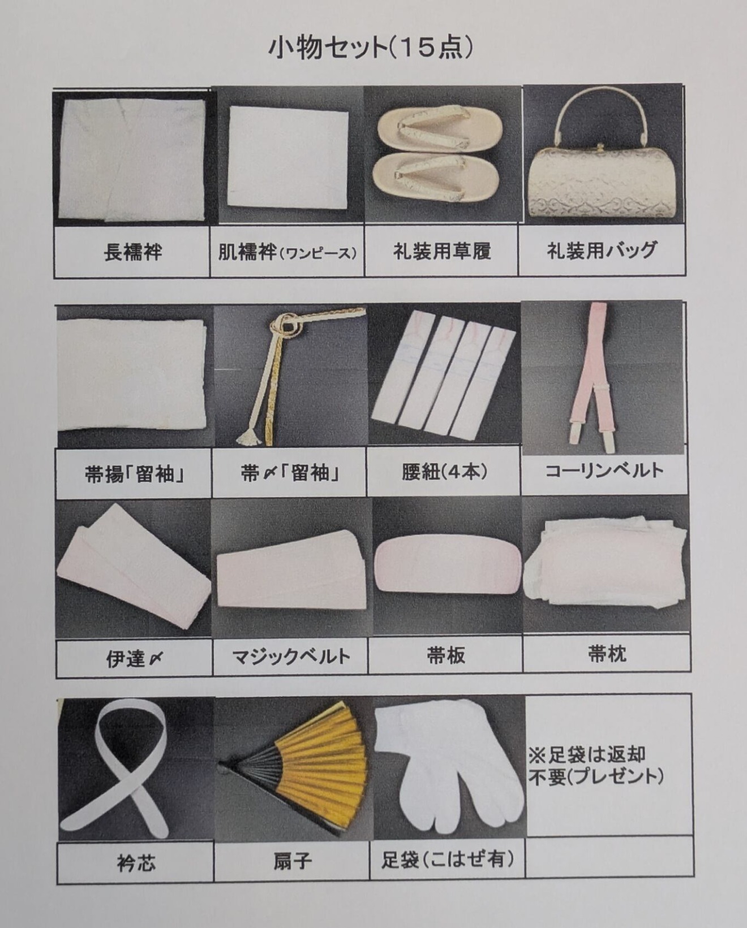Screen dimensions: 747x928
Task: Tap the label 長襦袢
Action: (133, 252)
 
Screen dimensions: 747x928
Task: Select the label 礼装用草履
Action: (442, 251)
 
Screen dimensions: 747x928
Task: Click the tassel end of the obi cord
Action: (247, 435)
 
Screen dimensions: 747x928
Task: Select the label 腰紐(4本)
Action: (444, 472)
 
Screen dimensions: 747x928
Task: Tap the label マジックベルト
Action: (291, 657)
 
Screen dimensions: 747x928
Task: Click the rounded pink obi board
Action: (447, 567)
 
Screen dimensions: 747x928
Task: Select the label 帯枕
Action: (607, 654)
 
